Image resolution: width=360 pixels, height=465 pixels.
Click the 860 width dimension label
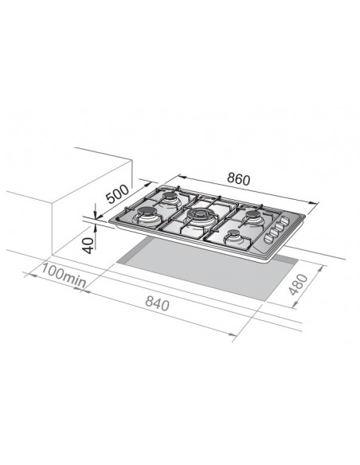238,179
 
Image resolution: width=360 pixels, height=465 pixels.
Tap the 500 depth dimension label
118,194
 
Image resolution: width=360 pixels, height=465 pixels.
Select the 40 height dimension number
88,245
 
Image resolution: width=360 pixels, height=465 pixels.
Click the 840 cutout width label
157,303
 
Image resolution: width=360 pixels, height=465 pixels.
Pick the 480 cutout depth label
299,285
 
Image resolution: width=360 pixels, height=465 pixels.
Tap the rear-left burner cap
170,196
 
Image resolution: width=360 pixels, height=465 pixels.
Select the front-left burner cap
147,212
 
